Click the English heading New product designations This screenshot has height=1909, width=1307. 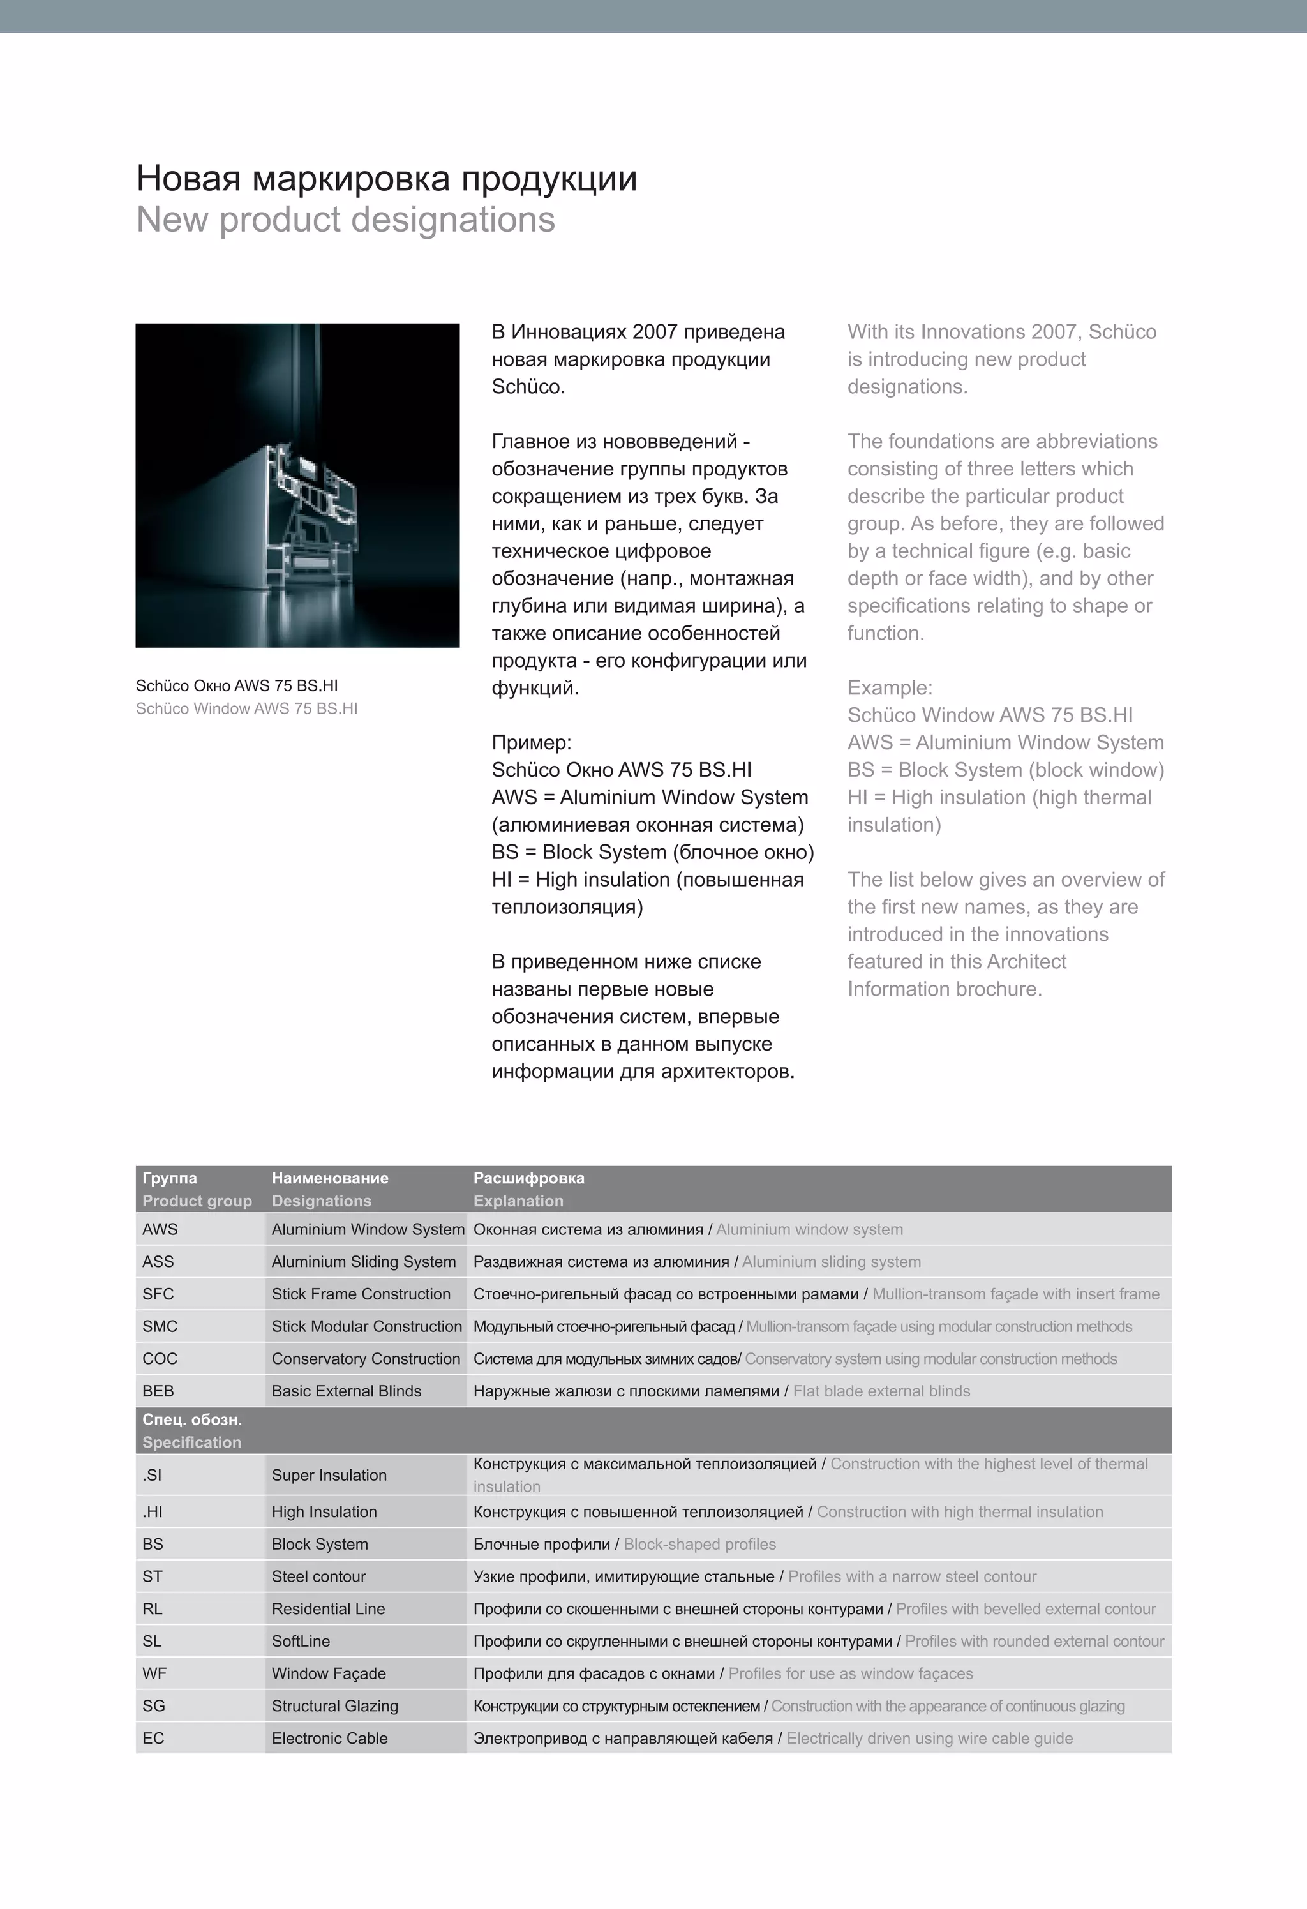coord(345,220)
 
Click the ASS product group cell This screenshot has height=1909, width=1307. coord(158,1262)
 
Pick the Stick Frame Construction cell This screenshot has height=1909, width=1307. coord(361,1294)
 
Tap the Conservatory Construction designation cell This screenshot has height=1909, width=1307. coord(366,1359)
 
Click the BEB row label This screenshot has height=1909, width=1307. coord(158,1391)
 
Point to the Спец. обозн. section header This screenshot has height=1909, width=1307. coord(191,1420)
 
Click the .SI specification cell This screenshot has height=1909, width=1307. coord(153,1475)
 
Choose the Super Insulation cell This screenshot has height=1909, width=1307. coord(329,1475)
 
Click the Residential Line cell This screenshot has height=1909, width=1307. coord(328,1609)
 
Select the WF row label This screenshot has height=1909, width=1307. coord(154,1674)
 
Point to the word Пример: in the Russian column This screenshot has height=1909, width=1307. coord(531,742)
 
